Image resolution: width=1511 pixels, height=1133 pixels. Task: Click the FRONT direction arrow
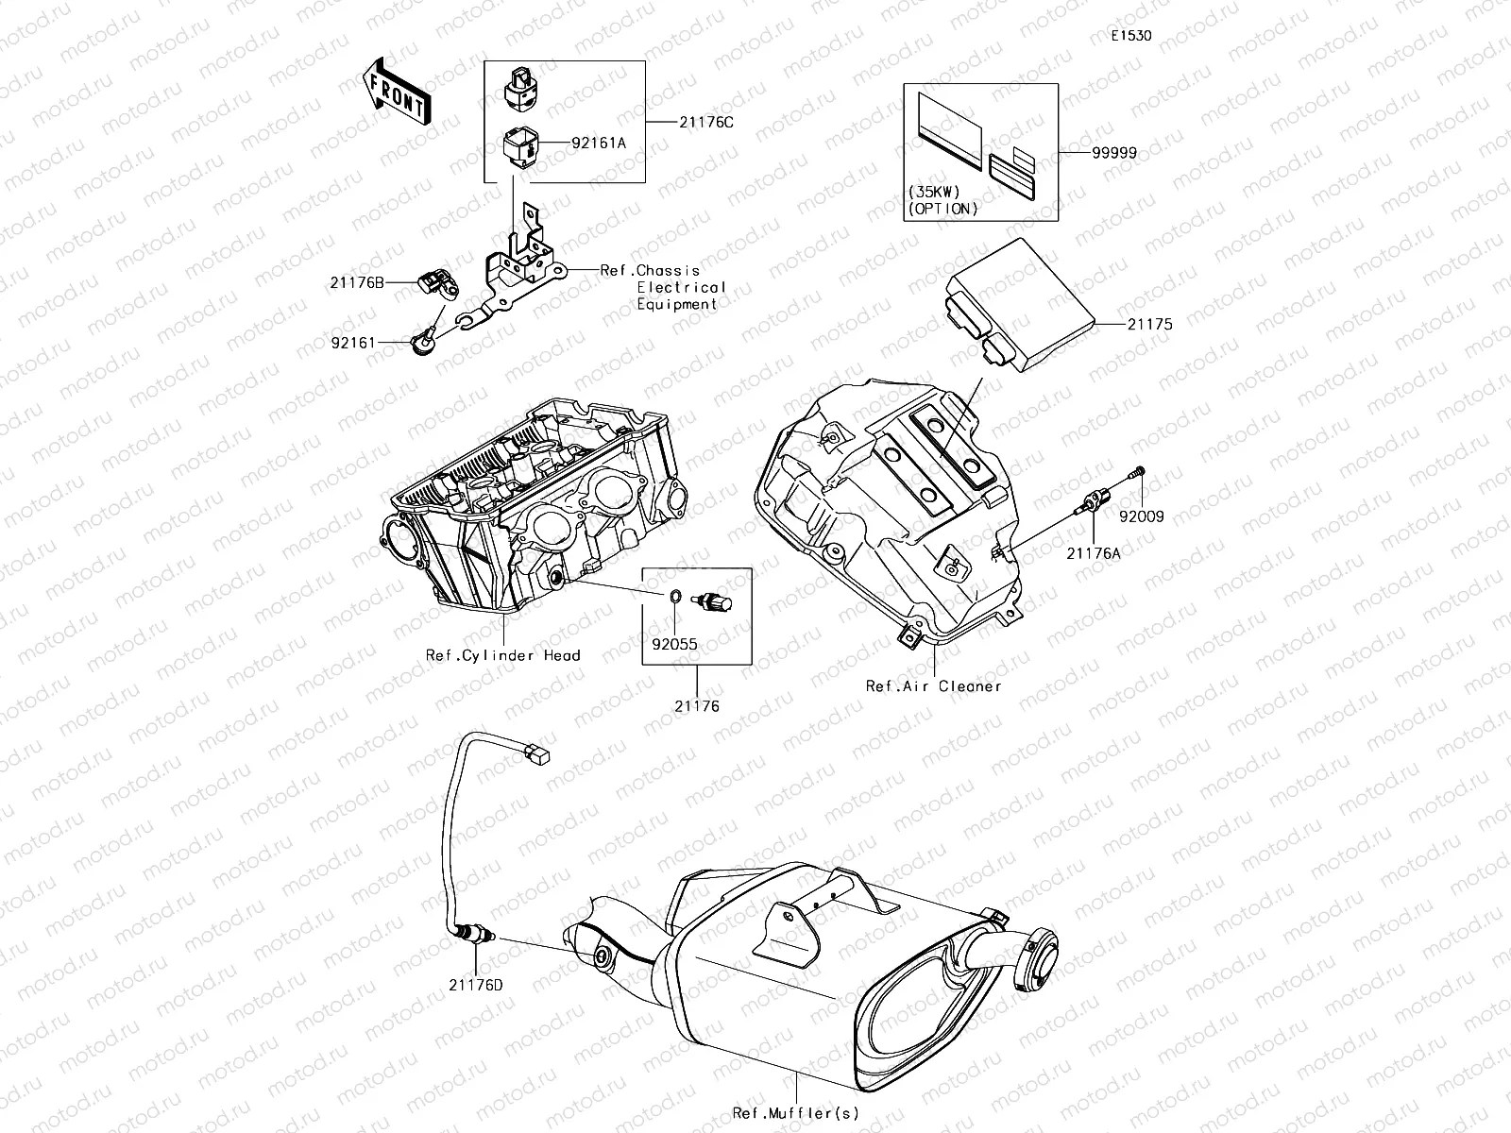coord(395,93)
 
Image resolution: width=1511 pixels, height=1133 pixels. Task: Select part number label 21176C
coord(705,122)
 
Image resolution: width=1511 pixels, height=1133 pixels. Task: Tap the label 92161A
coord(599,144)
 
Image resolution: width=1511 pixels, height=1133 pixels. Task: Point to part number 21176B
coord(358,281)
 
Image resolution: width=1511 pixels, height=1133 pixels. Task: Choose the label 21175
coord(1149,324)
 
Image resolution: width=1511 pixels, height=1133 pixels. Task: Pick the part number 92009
coord(1142,516)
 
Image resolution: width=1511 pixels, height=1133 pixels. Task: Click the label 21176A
coord(1094,554)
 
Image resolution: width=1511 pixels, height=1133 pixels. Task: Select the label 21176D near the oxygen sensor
coord(476,985)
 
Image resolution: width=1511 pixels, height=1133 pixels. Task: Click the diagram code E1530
coord(1130,36)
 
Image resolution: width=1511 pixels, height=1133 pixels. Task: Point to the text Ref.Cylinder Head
coord(502,655)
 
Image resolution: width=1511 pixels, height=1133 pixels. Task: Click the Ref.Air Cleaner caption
coord(933,686)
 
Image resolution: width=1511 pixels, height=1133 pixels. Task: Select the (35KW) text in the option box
coord(934,192)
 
